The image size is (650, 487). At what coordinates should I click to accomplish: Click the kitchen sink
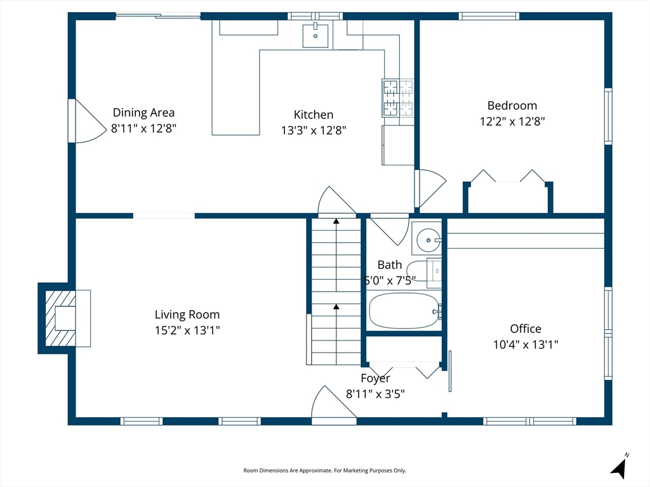(x=315, y=36)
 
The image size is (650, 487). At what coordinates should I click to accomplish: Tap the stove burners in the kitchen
(x=397, y=98)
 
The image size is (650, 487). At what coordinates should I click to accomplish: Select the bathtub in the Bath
(x=404, y=311)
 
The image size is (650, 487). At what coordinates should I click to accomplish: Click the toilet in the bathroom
(x=423, y=272)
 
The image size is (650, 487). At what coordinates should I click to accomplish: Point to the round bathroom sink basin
(x=428, y=240)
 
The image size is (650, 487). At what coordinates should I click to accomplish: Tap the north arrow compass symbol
(x=620, y=465)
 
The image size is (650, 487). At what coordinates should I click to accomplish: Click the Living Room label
(x=187, y=315)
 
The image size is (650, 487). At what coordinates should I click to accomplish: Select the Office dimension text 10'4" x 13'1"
(x=526, y=344)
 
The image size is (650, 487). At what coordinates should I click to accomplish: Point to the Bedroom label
(x=512, y=106)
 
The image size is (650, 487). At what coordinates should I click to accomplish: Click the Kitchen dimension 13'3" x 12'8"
(x=314, y=131)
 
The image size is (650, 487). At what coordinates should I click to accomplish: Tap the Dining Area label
(x=144, y=113)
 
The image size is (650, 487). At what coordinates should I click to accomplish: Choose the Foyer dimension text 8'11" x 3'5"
(x=376, y=394)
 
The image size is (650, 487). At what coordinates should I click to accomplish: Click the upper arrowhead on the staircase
(x=336, y=221)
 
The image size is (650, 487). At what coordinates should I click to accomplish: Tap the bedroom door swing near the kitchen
(x=431, y=188)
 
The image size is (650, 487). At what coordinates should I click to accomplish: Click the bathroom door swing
(x=390, y=230)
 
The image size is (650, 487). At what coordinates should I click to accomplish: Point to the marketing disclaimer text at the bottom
(x=324, y=471)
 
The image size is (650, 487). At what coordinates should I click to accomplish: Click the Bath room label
(x=390, y=264)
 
